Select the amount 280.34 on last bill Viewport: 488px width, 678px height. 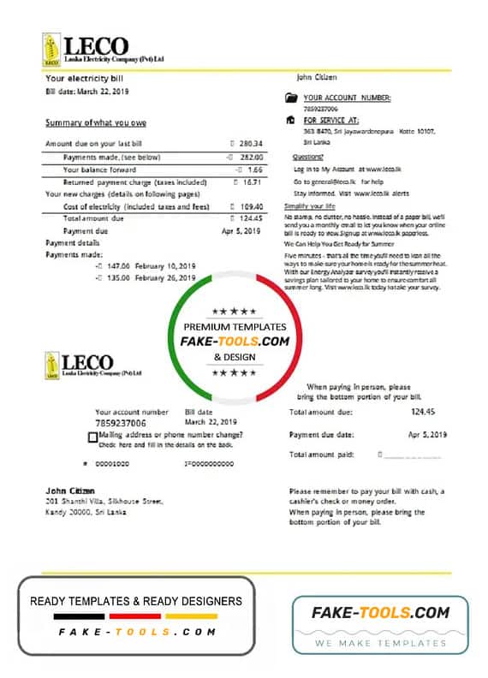(x=250, y=144)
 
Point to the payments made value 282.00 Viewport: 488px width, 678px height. (x=249, y=157)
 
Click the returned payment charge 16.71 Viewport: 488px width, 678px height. (x=249, y=181)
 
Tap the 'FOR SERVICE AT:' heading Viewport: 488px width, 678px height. (x=331, y=121)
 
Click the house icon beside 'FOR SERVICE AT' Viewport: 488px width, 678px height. (x=291, y=121)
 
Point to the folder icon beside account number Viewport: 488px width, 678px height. (x=291, y=98)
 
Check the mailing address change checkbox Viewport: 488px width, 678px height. (x=92, y=437)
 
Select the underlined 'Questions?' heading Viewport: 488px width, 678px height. (x=307, y=158)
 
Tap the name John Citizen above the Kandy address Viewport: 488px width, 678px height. (x=64, y=490)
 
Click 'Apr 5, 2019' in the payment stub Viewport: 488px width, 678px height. (x=427, y=435)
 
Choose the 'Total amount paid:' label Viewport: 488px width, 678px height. (x=321, y=455)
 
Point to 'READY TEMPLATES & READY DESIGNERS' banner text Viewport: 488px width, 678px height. (x=136, y=601)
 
